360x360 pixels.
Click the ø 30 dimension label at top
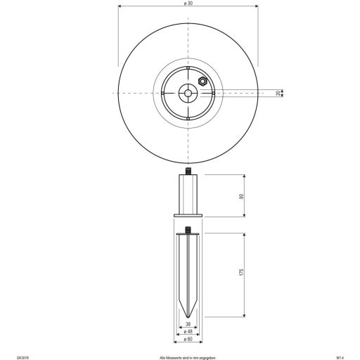coord(188,4)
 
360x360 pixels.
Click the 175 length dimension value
coord(243,275)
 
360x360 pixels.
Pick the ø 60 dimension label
coord(188,340)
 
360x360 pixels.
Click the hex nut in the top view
coord(202,82)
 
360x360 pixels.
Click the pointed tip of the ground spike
coord(188,317)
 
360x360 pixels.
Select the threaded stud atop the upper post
coord(188,172)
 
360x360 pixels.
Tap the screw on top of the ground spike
coord(188,229)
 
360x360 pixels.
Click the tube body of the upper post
coord(188,194)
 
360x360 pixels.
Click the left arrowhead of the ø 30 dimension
coord(119,9)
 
